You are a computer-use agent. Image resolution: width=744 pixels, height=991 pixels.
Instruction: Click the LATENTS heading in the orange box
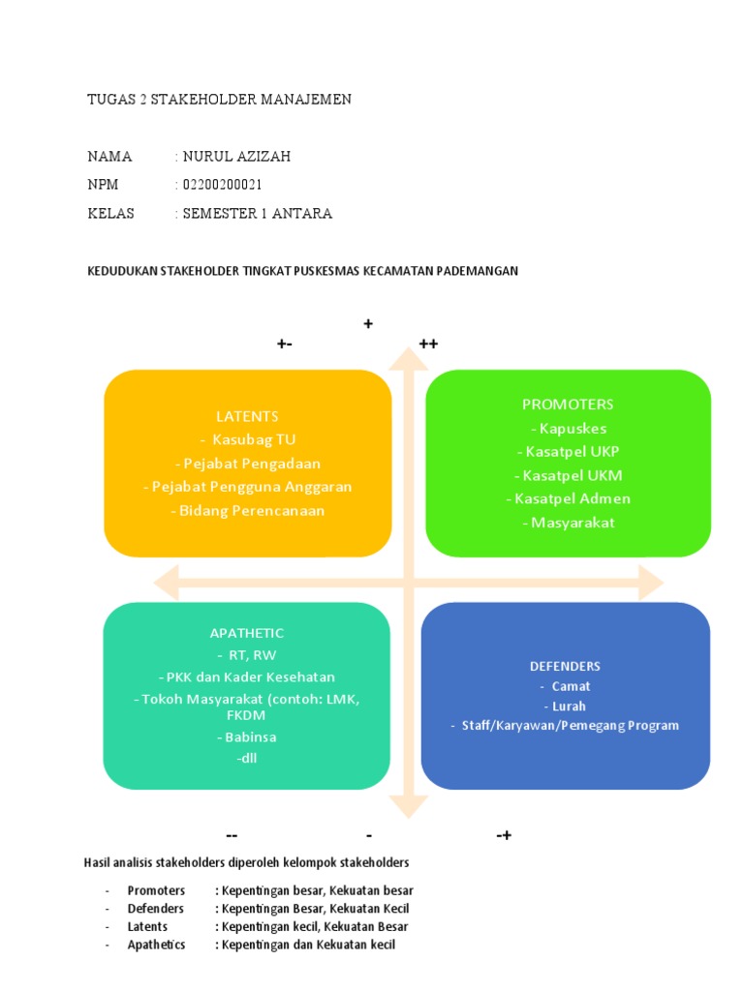[248, 416]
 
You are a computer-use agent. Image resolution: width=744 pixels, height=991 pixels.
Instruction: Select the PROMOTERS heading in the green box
[568, 405]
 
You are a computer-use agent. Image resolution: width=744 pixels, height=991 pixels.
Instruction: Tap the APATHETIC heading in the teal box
[247, 633]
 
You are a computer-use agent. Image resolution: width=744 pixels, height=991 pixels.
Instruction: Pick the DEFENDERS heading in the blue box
[565, 666]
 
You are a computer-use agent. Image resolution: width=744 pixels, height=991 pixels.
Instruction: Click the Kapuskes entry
[569, 429]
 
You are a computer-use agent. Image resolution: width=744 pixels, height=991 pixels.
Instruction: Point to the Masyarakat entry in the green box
[569, 523]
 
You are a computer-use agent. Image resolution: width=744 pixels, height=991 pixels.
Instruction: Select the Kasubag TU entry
[248, 439]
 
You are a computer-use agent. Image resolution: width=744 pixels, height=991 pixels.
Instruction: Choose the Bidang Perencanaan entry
[248, 510]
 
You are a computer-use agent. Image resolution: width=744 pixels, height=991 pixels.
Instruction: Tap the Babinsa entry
[247, 736]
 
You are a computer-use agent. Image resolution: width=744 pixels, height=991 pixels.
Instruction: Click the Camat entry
[566, 686]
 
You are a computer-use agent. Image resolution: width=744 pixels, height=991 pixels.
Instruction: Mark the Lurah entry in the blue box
[566, 706]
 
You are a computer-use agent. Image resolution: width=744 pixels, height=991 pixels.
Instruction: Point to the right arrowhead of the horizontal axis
[649, 583]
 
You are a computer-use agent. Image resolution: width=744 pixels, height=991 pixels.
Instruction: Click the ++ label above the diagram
[428, 344]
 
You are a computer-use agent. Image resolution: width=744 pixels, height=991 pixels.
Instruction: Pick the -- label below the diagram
[232, 835]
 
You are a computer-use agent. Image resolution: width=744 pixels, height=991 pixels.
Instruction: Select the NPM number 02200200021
[222, 185]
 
